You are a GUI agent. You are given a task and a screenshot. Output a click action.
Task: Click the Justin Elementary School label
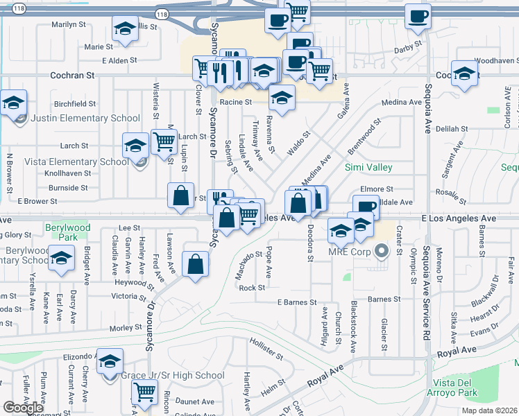81,118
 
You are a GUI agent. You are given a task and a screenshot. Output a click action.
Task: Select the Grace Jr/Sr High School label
173,376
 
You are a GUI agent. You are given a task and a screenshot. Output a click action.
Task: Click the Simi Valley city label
369,168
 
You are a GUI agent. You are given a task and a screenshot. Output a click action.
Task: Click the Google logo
23,408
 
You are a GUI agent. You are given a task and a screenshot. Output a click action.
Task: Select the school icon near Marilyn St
125,29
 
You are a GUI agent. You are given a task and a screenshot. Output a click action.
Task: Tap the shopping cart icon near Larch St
164,142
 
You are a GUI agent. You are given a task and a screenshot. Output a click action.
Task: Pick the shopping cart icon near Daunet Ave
144,392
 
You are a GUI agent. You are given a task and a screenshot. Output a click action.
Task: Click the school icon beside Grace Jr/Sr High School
110,362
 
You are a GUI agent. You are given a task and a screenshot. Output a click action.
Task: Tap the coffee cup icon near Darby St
418,17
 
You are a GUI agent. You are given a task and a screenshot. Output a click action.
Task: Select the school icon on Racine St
282,99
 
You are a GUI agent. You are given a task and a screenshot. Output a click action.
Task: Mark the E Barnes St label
297,303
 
